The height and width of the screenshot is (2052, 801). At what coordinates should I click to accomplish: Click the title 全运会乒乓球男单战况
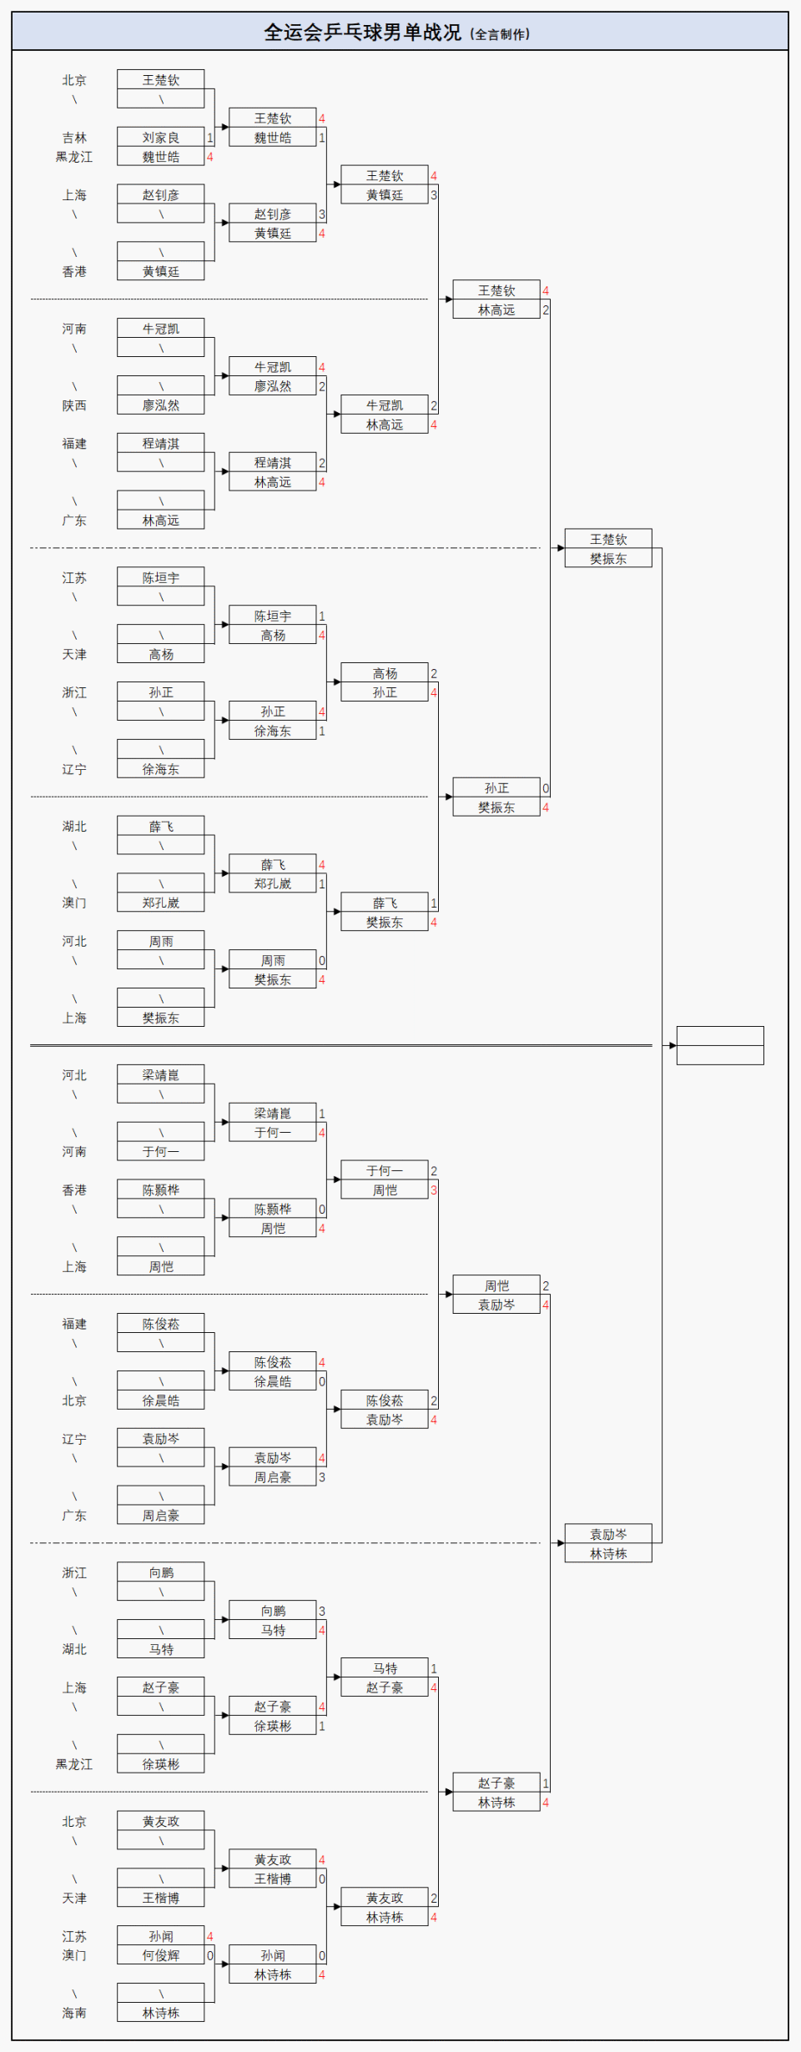point(362,33)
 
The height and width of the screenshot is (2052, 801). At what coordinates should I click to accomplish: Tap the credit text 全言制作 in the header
point(501,34)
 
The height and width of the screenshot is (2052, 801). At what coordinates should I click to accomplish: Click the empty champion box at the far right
point(720,1045)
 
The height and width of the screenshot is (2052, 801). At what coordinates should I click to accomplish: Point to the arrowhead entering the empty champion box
point(673,1045)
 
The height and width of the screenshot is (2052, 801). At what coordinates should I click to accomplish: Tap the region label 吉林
point(74,138)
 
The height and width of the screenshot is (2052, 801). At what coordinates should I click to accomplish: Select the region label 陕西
point(74,405)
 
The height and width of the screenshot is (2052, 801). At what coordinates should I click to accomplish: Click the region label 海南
point(74,2013)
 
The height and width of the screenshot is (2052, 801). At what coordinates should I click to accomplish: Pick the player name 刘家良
point(160,138)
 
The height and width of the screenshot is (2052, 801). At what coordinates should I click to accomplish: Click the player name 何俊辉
point(160,1955)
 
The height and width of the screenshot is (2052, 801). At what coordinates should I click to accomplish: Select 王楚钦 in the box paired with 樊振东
point(608,540)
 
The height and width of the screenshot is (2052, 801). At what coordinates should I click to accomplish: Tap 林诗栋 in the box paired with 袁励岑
point(608,1554)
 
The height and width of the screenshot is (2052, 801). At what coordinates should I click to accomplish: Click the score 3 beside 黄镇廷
point(434,195)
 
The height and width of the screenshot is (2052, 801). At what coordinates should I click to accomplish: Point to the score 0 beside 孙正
point(546,788)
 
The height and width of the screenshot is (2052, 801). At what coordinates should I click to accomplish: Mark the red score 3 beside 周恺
point(434,1190)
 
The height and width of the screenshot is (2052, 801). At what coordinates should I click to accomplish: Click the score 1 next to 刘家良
point(209,138)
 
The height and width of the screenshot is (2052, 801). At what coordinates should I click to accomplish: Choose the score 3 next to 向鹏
point(322,1612)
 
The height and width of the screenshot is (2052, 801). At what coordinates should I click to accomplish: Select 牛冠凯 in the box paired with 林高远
point(385,405)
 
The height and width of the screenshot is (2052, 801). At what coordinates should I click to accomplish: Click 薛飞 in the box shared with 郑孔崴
point(273,865)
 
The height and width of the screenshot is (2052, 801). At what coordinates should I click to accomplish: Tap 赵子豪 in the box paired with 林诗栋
point(496,1783)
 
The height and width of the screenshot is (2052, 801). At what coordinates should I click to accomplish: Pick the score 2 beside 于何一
point(434,1171)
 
